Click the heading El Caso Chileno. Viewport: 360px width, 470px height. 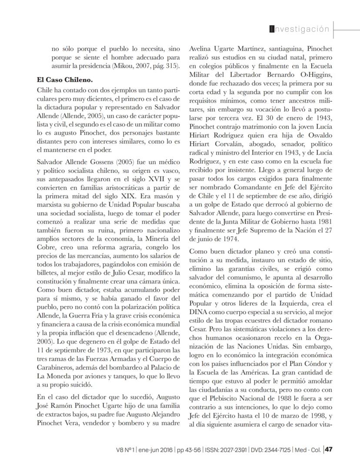pyautogui.click(x=64, y=81)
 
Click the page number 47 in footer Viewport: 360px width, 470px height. pyautogui.click(x=329, y=449)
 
